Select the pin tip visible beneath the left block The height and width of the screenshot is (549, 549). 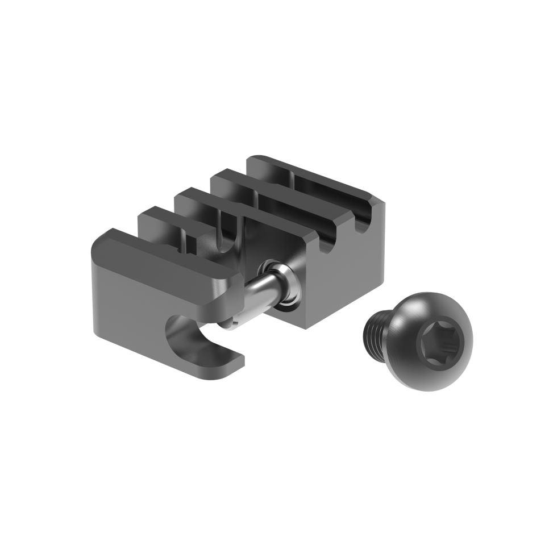[227, 324]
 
